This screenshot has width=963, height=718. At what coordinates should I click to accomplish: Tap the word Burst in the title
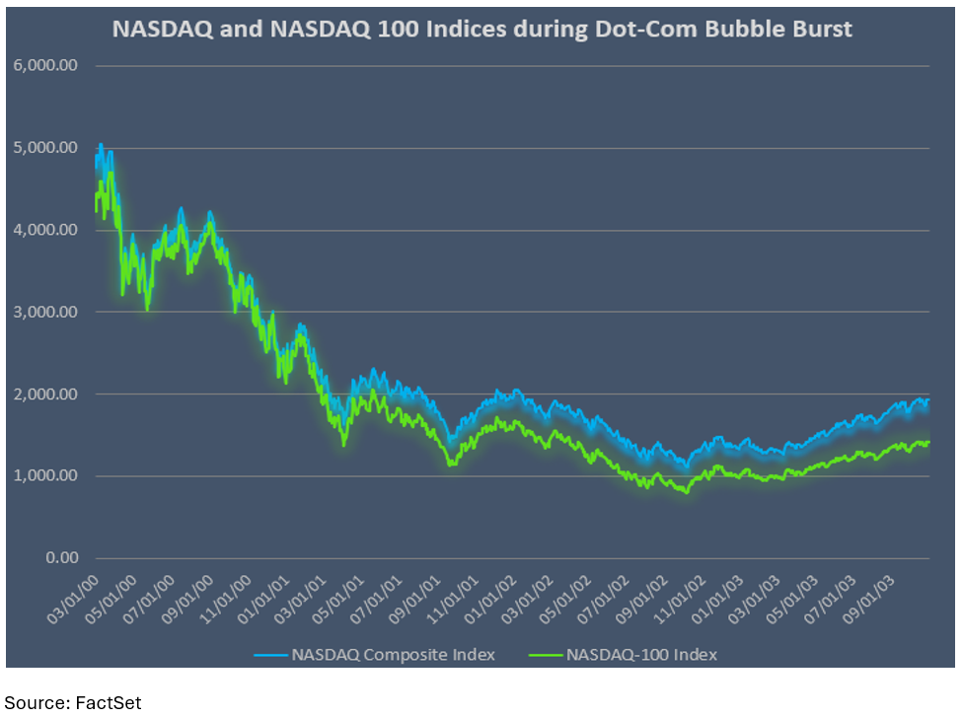pos(820,29)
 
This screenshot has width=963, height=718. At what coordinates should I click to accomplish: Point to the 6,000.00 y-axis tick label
pos(47,66)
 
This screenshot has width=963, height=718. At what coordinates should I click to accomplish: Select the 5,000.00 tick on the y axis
pos(47,148)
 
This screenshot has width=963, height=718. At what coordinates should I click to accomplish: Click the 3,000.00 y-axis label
pos(47,312)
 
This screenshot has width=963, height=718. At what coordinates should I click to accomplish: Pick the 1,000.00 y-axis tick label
pos(47,475)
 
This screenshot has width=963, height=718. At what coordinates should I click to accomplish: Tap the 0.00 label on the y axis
pos(61,557)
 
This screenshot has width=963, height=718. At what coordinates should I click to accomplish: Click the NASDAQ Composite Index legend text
pos(393,654)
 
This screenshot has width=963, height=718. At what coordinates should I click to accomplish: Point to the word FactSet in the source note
pos(108,702)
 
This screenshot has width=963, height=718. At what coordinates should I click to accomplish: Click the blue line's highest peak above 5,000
pos(101,145)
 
